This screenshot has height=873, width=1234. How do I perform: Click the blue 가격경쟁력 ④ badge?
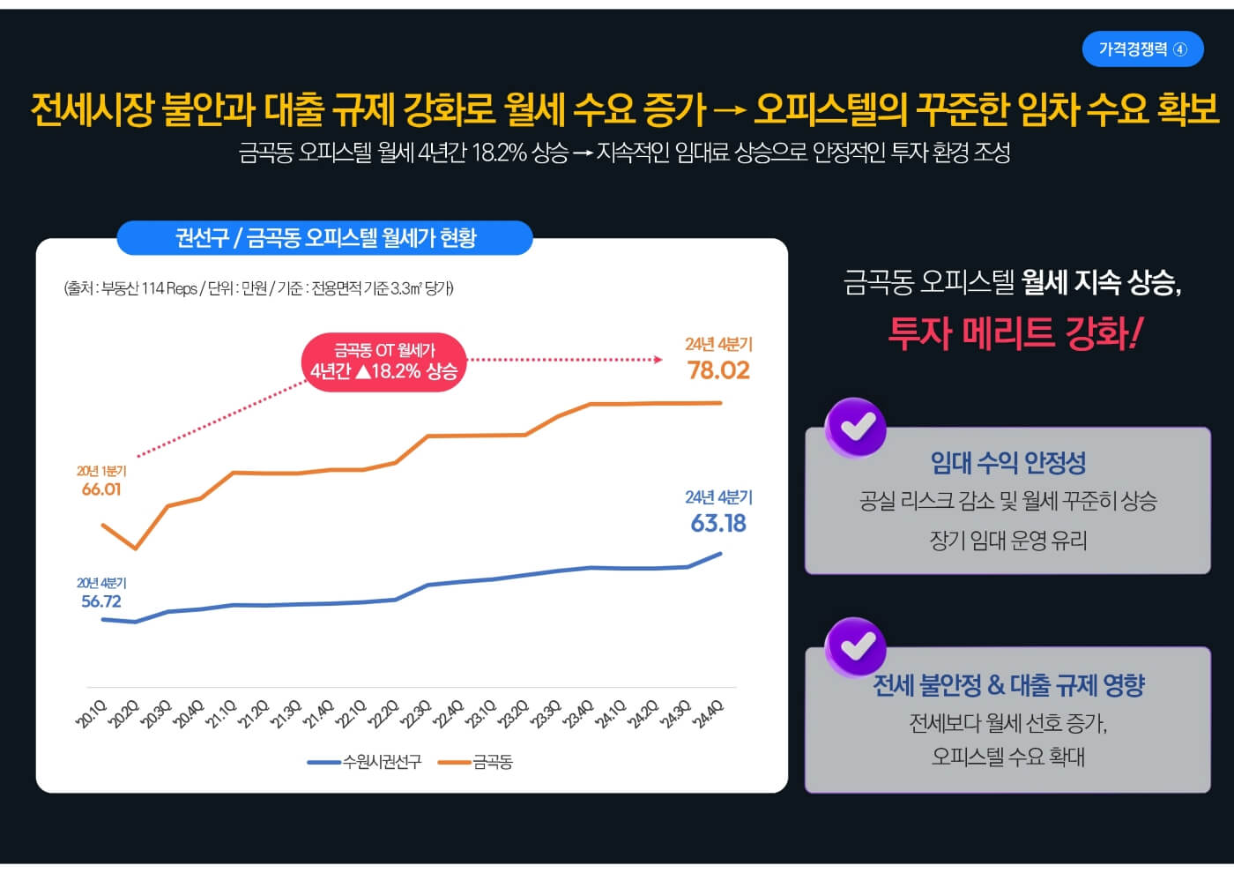(x=1142, y=49)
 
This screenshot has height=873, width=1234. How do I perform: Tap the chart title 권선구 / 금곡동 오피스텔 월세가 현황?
(x=324, y=238)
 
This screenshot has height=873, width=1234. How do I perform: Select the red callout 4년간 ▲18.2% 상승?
(x=384, y=362)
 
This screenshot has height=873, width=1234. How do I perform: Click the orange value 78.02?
(x=718, y=370)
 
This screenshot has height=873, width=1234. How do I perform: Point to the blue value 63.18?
(x=718, y=524)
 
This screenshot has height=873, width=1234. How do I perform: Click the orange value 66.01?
(x=101, y=489)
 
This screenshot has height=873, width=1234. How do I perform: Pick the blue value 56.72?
(x=101, y=601)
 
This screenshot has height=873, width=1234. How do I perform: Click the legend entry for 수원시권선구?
(x=365, y=762)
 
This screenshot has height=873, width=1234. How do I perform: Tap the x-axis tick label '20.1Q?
(x=92, y=714)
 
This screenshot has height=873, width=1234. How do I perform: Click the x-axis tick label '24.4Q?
(x=708, y=714)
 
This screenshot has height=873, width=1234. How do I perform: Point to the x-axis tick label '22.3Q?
(x=416, y=714)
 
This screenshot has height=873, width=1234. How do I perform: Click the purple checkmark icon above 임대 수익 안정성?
(x=856, y=428)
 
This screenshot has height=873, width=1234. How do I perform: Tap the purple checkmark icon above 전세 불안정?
(x=856, y=646)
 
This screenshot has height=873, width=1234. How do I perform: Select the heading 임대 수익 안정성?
(x=1008, y=463)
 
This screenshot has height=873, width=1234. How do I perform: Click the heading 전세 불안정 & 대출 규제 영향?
(x=1008, y=685)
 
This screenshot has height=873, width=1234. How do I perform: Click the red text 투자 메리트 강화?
(x=1015, y=333)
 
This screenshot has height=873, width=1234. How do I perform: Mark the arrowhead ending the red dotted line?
(x=658, y=360)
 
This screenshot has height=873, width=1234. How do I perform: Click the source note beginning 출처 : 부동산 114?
(x=259, y=288)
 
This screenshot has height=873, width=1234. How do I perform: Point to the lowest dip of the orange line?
(x=136, y=548)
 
